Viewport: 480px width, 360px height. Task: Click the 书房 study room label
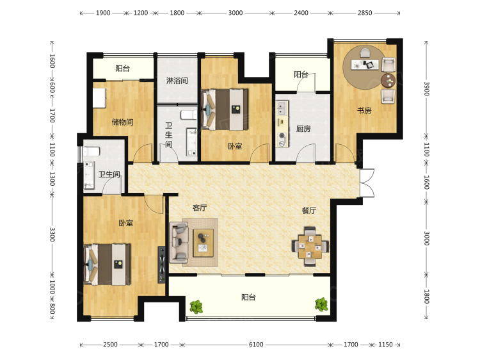364,110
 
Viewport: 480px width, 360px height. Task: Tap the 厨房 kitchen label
303,129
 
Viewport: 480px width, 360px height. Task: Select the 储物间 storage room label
122,122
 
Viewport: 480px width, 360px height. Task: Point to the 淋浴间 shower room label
177,81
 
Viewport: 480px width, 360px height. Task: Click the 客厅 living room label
200,208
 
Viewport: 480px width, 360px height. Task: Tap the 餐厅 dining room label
309,211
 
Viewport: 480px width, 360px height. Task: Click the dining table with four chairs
310,246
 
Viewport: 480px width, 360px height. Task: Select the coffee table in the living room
203,243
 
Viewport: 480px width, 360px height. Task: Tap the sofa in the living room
179,242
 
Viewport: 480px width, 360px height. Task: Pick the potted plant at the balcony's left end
196,307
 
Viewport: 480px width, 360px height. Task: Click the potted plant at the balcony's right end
321,304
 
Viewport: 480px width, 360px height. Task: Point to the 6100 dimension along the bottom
256,345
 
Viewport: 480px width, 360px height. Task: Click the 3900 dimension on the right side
427,89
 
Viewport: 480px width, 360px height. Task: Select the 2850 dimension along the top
365,13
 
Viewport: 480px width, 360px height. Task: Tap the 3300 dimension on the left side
52,234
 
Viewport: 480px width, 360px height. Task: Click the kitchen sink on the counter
282,108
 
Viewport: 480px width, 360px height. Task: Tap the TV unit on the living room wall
162,265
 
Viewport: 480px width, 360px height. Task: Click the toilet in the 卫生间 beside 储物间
188,115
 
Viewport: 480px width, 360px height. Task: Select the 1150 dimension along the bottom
385,345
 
